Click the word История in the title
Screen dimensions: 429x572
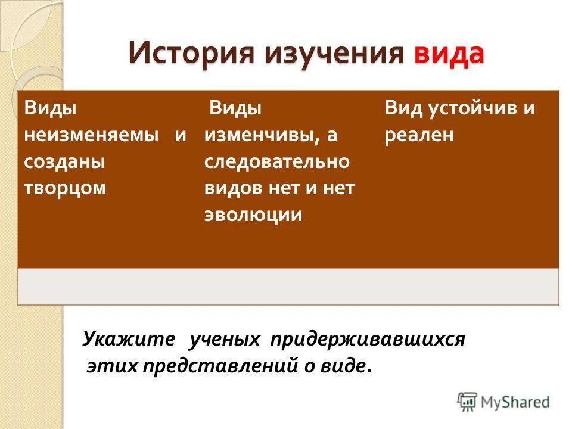pos(189,54)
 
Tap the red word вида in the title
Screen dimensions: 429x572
pos(449,54)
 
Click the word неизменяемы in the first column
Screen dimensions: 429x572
pos(92,135)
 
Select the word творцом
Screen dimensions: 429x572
pos(65,188)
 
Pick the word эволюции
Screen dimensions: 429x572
pos(254,215)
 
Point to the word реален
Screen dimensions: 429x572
pos(419,135)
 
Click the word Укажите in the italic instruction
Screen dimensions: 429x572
pos(129,339)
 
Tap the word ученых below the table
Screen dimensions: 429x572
pos(225,339)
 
